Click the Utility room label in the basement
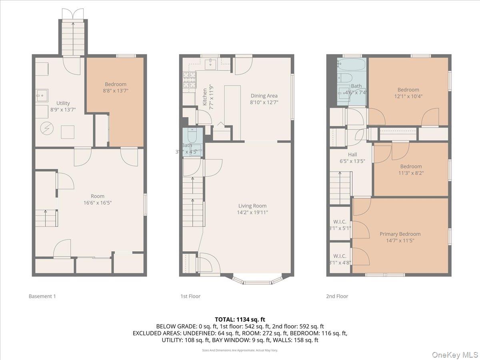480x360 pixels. click(x=63, y=103)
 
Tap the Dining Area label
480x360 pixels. click(x=264, y=96)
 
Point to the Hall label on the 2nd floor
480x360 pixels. click(x=352, y=154)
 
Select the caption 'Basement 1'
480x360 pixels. click(x=42, y=296)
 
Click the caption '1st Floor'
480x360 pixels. click(x=190, y=296)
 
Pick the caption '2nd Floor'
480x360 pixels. click(x=337, y=296)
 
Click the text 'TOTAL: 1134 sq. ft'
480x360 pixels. click(x=240, y=319)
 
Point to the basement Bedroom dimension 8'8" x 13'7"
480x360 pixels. click(x=116, y=91)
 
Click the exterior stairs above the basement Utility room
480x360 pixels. click(x=73, y=38)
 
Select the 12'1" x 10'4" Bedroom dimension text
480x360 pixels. click(x=408, y=96)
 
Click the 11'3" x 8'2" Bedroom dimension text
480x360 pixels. click(x=411, y=173)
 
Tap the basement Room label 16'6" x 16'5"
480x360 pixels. click(x=98, y=203)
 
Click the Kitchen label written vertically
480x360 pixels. click(x=205, y=97)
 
